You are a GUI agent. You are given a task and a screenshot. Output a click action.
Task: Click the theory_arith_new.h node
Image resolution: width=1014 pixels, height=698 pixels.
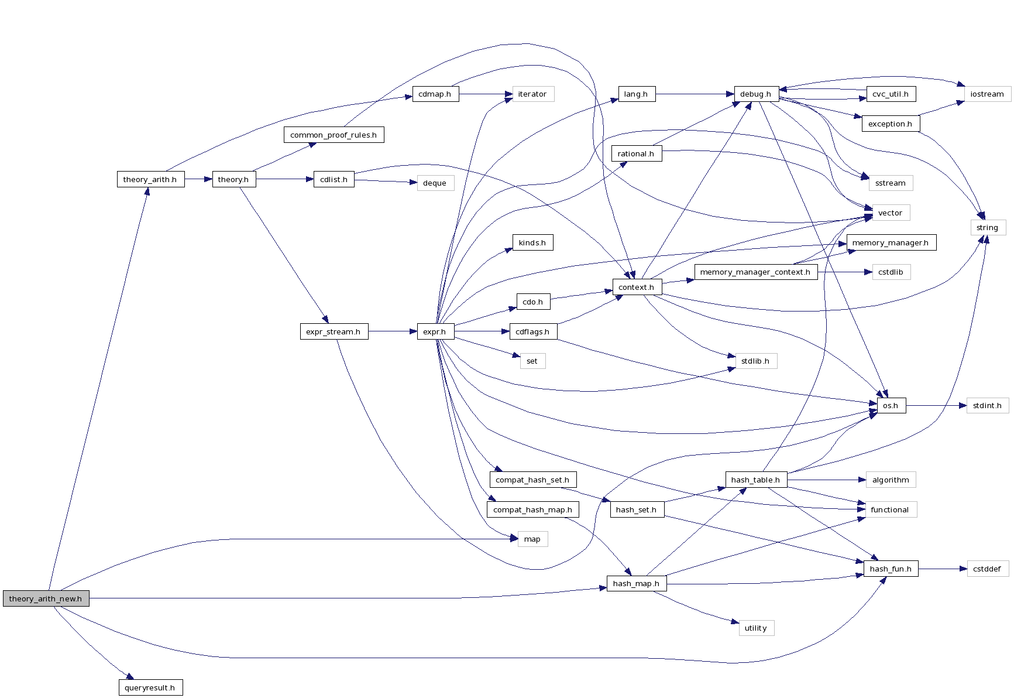coord(46,598)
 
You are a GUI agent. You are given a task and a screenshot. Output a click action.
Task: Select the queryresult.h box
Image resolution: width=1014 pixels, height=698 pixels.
coord(150,687)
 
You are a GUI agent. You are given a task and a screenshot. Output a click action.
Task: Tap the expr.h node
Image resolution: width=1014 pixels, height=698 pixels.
coord(435,331)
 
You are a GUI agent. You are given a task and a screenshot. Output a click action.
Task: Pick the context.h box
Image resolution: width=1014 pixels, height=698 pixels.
coord(637,287)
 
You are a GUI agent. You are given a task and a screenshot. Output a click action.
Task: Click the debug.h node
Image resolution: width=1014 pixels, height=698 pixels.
coord(756,94)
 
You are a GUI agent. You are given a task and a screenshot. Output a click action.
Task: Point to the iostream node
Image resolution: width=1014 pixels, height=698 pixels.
coord(987,94)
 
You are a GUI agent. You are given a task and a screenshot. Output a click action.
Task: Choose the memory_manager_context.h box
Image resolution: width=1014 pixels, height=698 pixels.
coord(755,272)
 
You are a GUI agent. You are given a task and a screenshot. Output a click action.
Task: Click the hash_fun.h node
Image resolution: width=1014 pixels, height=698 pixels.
coord(891,569)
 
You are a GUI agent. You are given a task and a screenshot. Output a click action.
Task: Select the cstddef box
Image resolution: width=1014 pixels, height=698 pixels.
coord(987,569)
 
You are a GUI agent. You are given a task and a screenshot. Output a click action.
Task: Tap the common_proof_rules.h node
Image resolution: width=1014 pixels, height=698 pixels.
coord(334,135)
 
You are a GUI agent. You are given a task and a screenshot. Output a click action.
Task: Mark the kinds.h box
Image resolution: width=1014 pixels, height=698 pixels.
coord(532,242)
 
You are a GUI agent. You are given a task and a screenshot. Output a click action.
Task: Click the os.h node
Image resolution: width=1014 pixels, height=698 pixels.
coord(891,405)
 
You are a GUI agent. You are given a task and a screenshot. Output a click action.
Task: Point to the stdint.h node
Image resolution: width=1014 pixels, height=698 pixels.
coord(987,405)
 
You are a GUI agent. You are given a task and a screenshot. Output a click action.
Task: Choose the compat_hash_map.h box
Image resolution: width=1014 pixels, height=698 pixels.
coord(532,509)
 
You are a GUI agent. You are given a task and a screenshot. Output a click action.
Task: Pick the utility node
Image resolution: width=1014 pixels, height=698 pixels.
coord(756,628)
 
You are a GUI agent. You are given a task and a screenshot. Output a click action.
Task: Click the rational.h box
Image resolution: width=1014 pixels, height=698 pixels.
coord(636,153)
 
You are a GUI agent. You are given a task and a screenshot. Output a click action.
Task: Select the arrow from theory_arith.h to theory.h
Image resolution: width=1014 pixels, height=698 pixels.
coord(198,179)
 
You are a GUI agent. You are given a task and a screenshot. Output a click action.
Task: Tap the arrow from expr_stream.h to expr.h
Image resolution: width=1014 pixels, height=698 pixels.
coord(392,331)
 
